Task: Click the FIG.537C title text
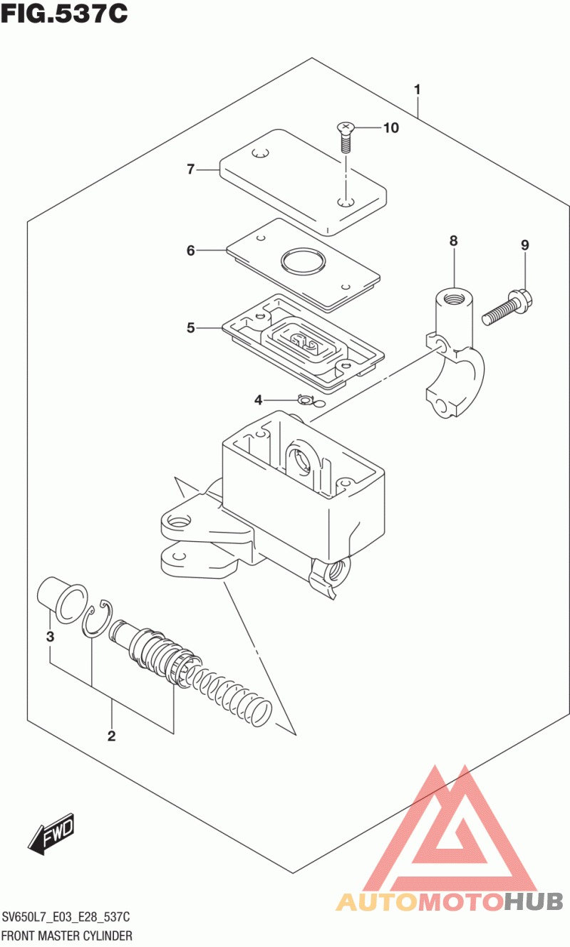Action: pos(65,14)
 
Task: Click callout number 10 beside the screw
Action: pos(390,128)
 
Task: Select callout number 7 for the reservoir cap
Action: pos(190,169)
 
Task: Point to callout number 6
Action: pos(190,251)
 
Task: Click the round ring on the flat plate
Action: pos(302,262)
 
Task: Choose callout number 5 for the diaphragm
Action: pos(190,328)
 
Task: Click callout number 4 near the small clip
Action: pos(259,399)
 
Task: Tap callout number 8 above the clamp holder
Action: pos(453,241)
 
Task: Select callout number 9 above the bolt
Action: pos(524,246)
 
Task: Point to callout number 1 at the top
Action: pos(417,90)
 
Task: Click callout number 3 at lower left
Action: pos(50,636)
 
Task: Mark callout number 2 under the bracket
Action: pos(112,736)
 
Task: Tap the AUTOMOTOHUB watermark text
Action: pos(449,902)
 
